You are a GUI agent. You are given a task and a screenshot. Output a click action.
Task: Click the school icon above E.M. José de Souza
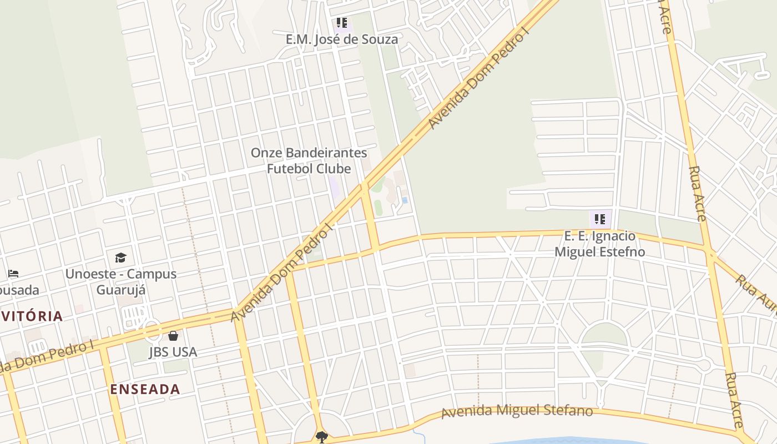(341, 23)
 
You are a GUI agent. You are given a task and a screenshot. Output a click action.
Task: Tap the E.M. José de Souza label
(342, 39)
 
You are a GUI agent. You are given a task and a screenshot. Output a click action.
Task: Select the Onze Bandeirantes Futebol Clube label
(309, 160)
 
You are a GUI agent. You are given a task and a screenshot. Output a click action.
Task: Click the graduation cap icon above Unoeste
(120, 258)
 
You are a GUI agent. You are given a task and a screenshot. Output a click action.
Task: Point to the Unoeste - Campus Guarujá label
(121, 281)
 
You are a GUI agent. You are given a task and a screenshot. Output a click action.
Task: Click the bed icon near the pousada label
(13, 274)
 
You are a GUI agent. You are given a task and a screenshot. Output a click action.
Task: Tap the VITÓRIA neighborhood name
(32, 316)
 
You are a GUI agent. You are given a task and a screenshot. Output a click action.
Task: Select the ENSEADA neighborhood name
(145, 389)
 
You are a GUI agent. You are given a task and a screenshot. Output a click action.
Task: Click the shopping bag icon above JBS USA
(173, 336)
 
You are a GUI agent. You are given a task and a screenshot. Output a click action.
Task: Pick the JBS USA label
(173, 352)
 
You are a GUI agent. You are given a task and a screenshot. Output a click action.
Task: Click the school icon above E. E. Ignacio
(599, 219)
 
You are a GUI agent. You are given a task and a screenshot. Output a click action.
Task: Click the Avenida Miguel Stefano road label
(517, 411)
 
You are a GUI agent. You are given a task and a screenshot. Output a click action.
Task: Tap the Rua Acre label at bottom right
(734, 400)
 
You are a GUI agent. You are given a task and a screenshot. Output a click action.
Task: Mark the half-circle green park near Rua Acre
(604, 335)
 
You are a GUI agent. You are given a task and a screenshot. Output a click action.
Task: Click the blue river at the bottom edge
(555, 441)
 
